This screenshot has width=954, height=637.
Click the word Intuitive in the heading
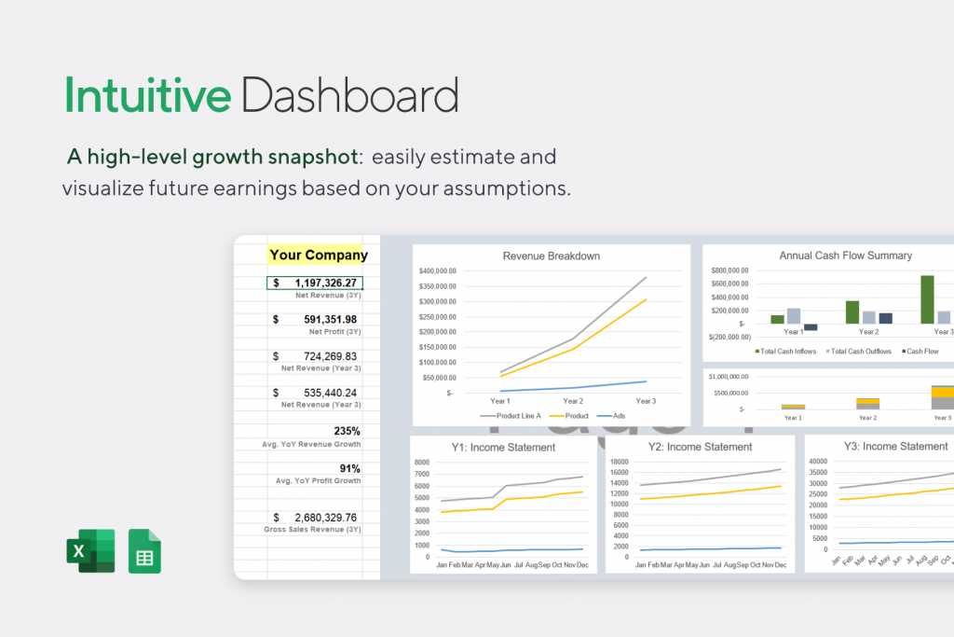pos(147,96)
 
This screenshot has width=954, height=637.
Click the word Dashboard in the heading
pos(349,96)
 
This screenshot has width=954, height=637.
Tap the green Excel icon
pos(90,550)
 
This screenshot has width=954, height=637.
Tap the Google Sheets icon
pos(144,550)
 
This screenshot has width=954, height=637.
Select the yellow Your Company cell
pos(318,255)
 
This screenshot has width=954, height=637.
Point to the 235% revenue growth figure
pos(348,431)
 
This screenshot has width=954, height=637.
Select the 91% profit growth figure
pos(349,468)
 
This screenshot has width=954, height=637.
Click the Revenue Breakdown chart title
pos(551,256)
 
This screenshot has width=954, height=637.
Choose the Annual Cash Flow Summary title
pos(845,256)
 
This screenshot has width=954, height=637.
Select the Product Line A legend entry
pos(515,415)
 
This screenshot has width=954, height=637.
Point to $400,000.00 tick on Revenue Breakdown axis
pos(438,270)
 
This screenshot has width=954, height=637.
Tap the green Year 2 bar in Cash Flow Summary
pos(852,312)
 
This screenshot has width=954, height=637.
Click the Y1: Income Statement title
pos(503,448)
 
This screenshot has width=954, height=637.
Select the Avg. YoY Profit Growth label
pos(311,481)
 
